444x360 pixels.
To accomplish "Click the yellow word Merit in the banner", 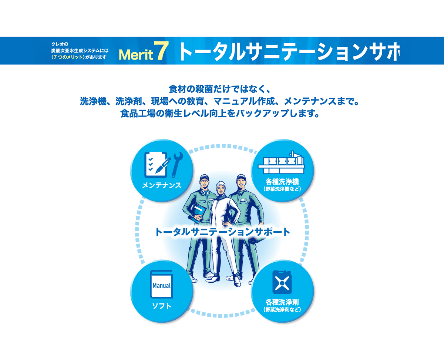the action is [136, 55].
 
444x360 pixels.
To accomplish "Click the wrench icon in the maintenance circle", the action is [177, 165].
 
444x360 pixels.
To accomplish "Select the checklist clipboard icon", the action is [157, 165].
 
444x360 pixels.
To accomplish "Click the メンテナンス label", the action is [162, 185].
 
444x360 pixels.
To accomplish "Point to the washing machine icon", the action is [281, 162].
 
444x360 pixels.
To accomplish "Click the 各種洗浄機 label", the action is [282, 182].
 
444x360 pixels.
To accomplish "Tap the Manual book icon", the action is [161, 284].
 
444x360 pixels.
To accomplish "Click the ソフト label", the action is [162, 306].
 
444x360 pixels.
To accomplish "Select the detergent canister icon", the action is [282, 282].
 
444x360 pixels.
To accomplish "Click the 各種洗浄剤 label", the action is [282, 302].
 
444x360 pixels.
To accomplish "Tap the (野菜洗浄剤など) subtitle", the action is [282, 310].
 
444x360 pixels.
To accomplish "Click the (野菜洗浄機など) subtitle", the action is [282, 189].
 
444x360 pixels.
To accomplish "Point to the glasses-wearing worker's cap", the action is [204, 177].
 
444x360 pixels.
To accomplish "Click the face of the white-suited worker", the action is [221, 190].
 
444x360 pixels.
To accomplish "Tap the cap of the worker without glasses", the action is [241, 177].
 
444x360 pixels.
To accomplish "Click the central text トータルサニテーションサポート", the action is [222, 232].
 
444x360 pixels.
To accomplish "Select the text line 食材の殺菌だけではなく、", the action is [220, 89].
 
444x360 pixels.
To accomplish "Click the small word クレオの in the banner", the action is [60, 44].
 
